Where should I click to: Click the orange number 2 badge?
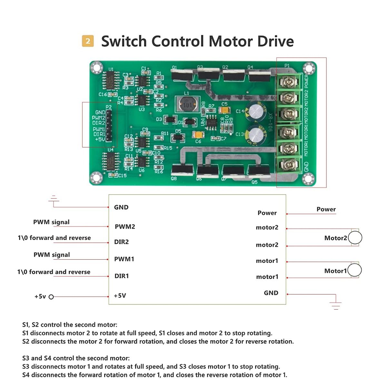click(88, 41)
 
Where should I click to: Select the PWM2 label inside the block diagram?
click(125, 227)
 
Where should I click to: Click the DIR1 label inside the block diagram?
click(122, 276)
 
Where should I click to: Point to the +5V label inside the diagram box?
click(120, 296)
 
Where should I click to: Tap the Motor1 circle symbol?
click(354, 270)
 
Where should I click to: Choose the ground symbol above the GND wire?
click(54, 199)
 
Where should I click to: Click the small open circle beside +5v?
click(51, 297)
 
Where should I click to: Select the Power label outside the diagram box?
click(326, 209)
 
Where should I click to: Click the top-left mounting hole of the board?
click(96, 68)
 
